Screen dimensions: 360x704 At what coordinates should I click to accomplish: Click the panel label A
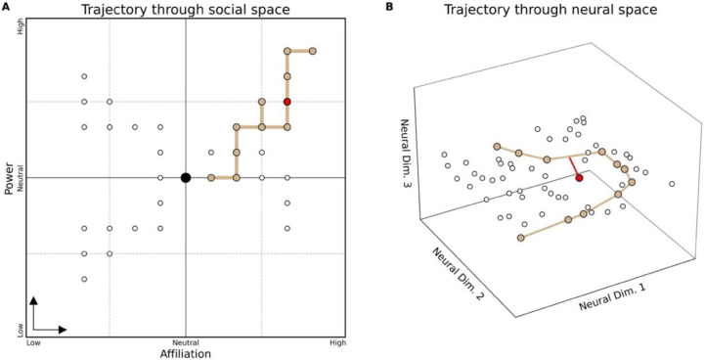(x=7, y=8)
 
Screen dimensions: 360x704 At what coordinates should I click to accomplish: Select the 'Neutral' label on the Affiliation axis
(x=185, y=342)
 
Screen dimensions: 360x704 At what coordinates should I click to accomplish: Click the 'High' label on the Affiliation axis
(x=337, y=342)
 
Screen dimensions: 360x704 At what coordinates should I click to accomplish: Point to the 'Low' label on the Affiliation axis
(x=33, y=342)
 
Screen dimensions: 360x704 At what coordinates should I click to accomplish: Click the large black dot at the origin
(x=186, y=177)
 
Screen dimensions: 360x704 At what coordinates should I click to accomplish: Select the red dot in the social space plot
(x=287, y=102)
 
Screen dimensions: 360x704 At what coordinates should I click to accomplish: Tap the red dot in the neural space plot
(x=579, y=178)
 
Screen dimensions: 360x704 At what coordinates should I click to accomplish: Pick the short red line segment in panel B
(x=575, y=168)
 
